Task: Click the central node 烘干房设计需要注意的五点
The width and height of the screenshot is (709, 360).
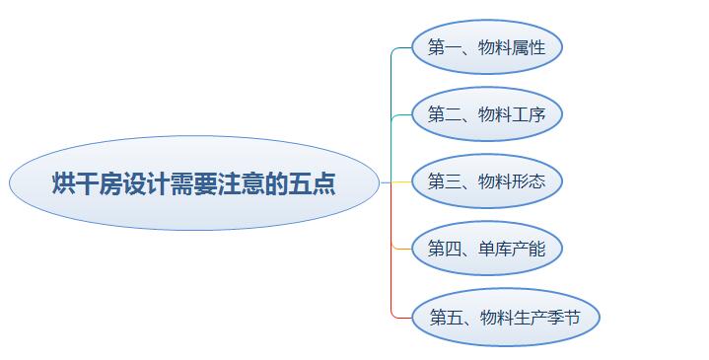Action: click(x=194, y=183)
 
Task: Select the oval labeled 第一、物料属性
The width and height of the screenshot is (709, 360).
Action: click(x=487, y=47)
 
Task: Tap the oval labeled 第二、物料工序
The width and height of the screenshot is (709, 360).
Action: click(x=487, y=114)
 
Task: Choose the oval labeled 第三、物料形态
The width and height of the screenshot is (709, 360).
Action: click(x=487, y=181)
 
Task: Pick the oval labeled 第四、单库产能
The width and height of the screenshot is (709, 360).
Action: click(x=487, y=249)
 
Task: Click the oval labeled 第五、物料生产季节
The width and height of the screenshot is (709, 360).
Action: click(x=506, y=317)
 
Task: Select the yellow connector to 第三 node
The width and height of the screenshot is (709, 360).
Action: click(x=396, y=182)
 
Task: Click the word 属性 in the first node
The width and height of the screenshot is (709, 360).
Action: click(x=529, y=47)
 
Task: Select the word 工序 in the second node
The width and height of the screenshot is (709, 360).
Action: click(x=529, y=114)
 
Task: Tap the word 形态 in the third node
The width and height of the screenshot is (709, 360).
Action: click(x=529, y=181)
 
